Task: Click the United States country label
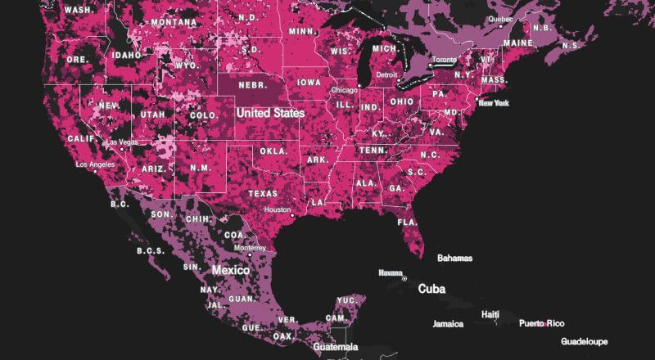tap(269, 112)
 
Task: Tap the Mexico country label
tap(231, 269)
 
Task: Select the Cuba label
tap(431, 289)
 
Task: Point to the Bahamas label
tap(454, 258)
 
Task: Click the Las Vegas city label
tap(122, 142)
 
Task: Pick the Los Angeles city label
tap(97, 164)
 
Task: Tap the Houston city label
tap(278, 209)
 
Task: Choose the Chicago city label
tap(346, 89)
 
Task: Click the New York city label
tap(494, 103)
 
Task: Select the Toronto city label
tap(444, 61)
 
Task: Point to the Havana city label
tap(390, 272)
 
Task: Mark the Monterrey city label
tap(250, 247)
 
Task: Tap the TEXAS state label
tap(264, 194)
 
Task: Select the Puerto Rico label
tap(541, 323)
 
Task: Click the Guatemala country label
tap(336, 348)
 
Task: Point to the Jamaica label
tap(448, 324)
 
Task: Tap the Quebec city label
tap(499, 19)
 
